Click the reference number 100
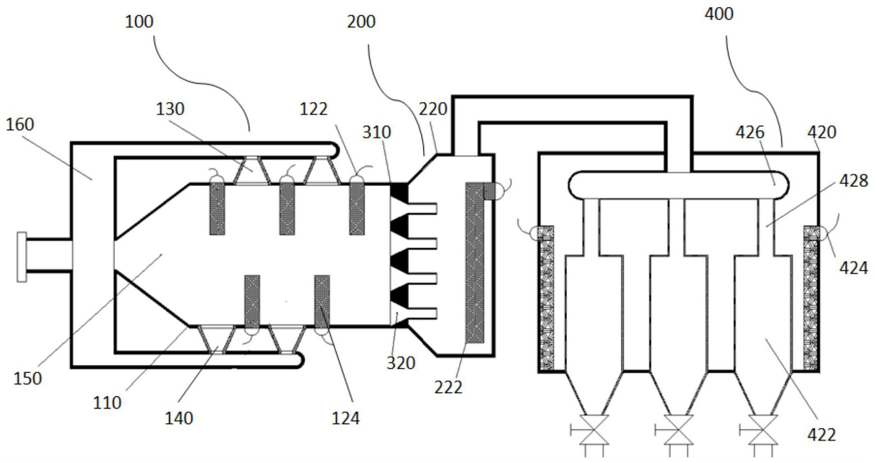(x=139, y=22)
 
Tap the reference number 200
(x=361, y=22)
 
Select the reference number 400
(x=719, y=14)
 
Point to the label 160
(x=20, y=125)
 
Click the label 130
(x=170, y=109)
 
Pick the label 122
(x=313, y=109)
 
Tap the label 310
(x=377, y=132)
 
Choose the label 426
(x=750, y=132)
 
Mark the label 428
(x=853, y=181)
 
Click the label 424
(x=853, y=268)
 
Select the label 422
(x=822, y=435)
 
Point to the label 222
(x=448, y=388)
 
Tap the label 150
(x=27, y=379)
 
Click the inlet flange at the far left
(x=22, y=256)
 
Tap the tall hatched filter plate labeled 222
(x=475, y=263)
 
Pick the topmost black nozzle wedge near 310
(x=399, y=193)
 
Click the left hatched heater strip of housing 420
(x=546, y=298)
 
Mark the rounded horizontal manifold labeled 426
(x=679, y=185)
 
